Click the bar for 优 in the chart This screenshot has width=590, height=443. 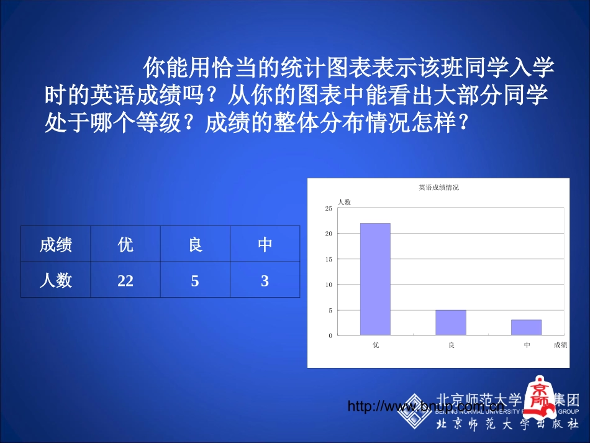click(375, 279)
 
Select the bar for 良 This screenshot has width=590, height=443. click(450, 322)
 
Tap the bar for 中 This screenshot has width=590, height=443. click(526, 327)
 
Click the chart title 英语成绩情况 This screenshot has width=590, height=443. click(438, 187)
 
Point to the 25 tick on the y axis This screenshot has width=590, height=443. click(329, 208)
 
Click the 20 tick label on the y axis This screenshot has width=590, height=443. click(329, 234)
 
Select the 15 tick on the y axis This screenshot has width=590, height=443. click(329, 259)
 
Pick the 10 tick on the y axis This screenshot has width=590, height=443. click(329, 285)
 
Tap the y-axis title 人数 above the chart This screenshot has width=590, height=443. click(344, 202)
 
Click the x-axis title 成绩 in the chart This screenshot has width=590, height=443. click(560, 345)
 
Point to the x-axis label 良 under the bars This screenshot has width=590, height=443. click(451, 345)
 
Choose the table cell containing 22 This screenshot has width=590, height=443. click(125, 281)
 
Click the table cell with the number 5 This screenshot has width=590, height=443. click(195, 281)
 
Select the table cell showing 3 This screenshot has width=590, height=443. click(265, 281)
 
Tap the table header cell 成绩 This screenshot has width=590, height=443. click(56, 245)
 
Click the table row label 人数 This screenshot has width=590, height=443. click(56, 281)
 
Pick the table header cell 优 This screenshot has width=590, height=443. click(125, 245)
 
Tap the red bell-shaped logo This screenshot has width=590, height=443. click(538, 393)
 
